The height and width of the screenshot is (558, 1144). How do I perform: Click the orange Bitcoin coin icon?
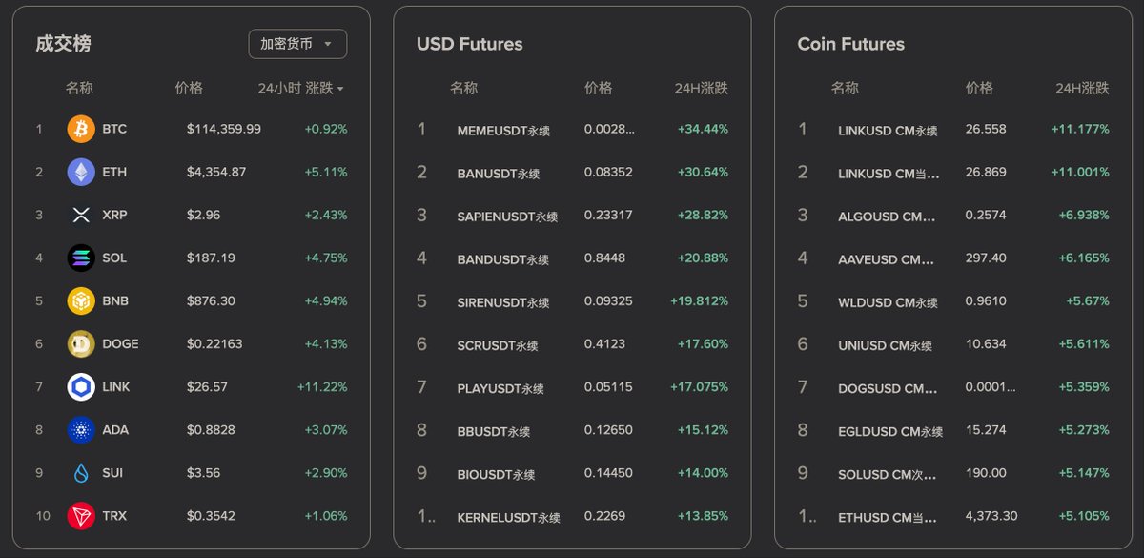pos(81,129)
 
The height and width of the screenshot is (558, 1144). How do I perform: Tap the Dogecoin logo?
pos(81,344)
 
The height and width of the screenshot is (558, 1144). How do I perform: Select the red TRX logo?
pos(81,516)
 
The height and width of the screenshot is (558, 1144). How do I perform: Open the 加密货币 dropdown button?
pos(297,44)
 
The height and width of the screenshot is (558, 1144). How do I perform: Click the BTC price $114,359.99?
pos(224,129)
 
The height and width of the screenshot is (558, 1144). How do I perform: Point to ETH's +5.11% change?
pos(326,172)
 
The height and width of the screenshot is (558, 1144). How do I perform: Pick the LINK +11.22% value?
pos(322,387)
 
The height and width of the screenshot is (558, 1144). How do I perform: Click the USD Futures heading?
pos(469,44)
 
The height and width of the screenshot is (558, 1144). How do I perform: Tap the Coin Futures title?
pos(850,44)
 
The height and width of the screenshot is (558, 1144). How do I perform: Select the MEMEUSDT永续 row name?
pos(503,131)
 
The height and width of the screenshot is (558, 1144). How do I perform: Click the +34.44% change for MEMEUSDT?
pos(703,129)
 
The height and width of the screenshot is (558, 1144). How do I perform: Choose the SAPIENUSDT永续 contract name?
pos(507,217)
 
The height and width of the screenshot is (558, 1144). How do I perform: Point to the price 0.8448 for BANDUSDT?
pos(604,258)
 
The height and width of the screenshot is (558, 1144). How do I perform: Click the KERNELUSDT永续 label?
pos(509,518)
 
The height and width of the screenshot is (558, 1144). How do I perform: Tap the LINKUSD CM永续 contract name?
pos(888,131)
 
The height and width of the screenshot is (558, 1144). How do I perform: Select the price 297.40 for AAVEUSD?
pos(986,258)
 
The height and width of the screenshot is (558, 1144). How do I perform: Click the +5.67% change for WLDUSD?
pos(1088,301)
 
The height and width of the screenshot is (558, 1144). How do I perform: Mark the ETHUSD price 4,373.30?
pos(991,516)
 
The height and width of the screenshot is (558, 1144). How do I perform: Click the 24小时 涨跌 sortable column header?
pos(301,89)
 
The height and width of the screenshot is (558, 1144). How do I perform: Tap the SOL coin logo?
pos(81,258)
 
